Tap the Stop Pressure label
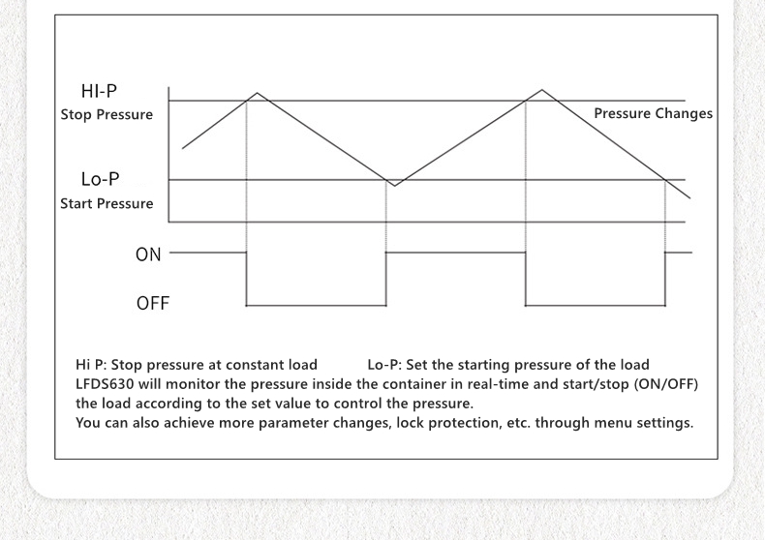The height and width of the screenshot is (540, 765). click(x=107, y=114)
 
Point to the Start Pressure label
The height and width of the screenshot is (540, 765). click(x=107, y=203)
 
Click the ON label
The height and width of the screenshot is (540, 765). click(x=148, y=255)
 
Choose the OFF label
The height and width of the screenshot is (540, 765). click(x=152, y=304)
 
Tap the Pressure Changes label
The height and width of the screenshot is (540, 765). click(x=653, y=113)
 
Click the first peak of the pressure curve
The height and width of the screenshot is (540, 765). click(x=257, y=92)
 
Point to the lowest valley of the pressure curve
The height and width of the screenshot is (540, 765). click(x=394, y=185)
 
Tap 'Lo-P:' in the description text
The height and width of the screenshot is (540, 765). click(x=384, y=365)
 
